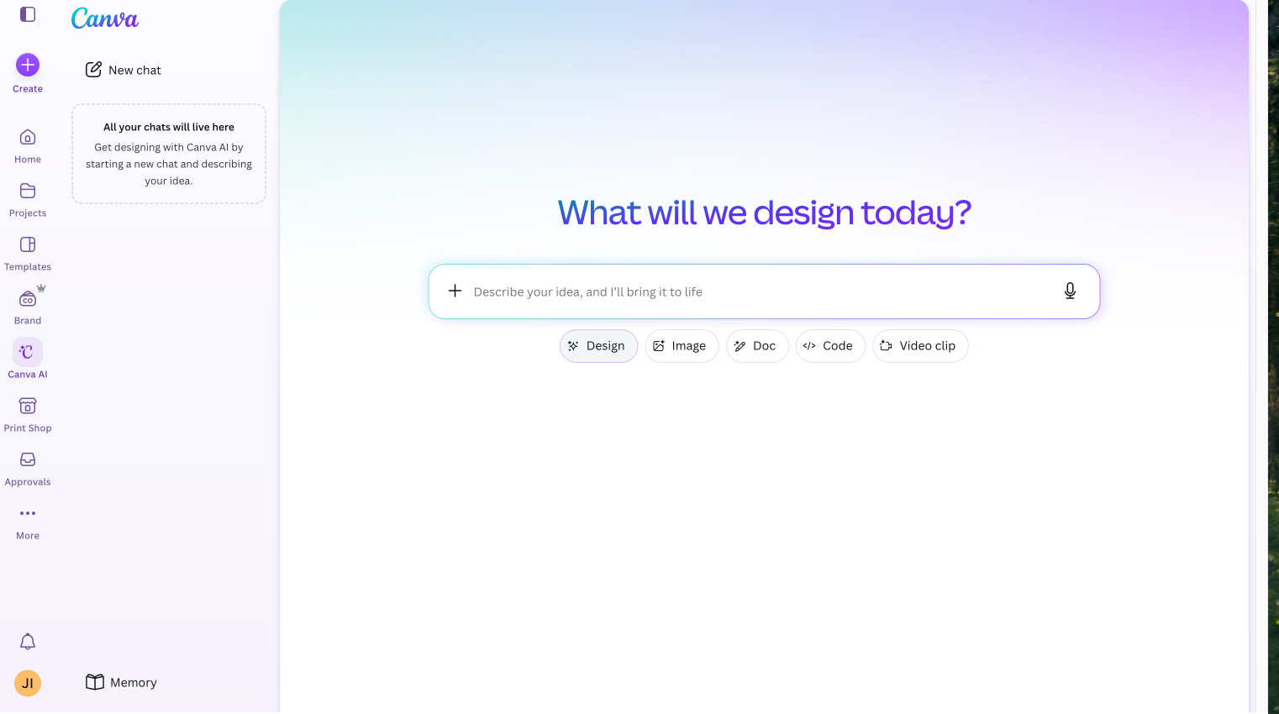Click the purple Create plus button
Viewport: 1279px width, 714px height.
pos(28,65)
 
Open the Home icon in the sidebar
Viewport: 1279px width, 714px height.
pos(28,138)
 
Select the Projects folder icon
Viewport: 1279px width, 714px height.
pos(28,191)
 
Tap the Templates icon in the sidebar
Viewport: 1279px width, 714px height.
pos(28,244)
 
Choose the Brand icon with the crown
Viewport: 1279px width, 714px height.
pos(28,298)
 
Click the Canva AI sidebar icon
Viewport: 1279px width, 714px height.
pos(28,352)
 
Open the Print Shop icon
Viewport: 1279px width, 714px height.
pos(28,406)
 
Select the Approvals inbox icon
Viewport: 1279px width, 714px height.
pos(28,459)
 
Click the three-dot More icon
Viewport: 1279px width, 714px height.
pos(28,514)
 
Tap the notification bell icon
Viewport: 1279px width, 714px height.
pos(28,642)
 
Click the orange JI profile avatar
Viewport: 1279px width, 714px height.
pos(28,684)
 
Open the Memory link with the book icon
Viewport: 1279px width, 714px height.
pos(121,683)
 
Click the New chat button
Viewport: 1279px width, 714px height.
pos(124,70)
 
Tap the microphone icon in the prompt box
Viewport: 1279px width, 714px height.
pos(1070,291)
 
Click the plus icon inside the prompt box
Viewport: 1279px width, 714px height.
pos(455,291)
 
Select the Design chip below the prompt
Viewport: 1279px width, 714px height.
pos(598,346)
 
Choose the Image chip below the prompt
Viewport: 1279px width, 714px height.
pos(682,346)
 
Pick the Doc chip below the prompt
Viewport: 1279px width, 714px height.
pos(757,346)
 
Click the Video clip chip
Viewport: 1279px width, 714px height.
pos(920,346)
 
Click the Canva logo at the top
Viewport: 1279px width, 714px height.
pos(105,18)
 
